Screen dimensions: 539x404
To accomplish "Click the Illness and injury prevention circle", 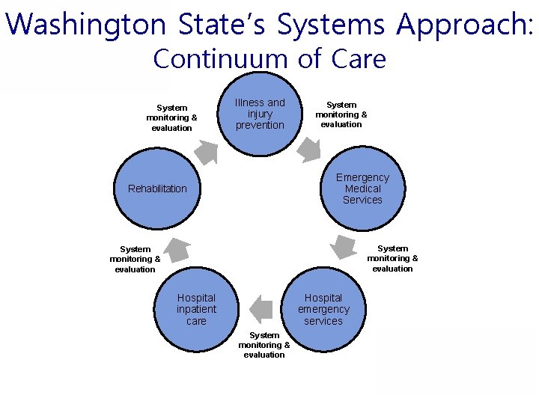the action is tap(260, 114).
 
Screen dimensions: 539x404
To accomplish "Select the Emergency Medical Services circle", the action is tap(362, 189).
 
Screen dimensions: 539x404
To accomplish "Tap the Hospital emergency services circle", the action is tap(323, 309).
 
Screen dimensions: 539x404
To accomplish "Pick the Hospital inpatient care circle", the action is tap(196, 309).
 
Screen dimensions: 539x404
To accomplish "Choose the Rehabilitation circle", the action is tap(157, 189).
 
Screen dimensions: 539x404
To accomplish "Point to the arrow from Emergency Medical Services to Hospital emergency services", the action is tap(344, 245).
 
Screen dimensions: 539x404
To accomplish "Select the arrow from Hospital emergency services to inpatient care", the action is tap(261, 308).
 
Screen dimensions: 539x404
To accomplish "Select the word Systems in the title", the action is tap(332, 24).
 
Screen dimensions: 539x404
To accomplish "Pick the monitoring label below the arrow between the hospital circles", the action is tap(264, 345).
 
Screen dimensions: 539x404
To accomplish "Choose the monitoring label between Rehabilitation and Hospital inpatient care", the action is tap(135, 259).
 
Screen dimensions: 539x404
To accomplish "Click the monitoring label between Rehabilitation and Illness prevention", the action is tap(171, 117).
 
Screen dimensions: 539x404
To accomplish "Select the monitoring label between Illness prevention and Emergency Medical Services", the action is tap(341, 114).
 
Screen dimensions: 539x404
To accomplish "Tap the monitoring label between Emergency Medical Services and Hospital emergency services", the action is tap(392, 258).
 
